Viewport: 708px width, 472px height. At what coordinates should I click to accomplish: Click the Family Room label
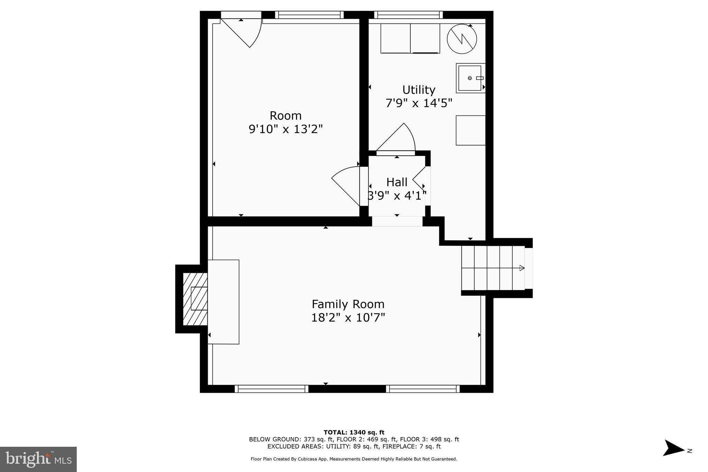coord(348,304)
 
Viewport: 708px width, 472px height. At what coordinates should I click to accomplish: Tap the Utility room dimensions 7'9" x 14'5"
coord(419,103)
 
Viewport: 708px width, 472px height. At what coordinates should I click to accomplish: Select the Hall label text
coord(397,182)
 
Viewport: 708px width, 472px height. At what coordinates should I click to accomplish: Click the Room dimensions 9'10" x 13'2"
coord(286,129)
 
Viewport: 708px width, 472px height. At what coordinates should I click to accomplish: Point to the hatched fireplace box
coord(195,299)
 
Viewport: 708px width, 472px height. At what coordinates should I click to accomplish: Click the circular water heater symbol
coord(462,39)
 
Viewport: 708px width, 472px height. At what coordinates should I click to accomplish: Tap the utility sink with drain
coord(470,78)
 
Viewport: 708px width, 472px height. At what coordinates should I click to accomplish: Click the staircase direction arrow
coord(522,268)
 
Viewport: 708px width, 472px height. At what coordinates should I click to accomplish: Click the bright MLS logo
coord(38,459)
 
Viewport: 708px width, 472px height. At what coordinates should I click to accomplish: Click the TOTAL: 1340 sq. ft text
coord(354,432)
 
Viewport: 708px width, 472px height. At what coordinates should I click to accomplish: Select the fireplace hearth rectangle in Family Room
coord(223,302)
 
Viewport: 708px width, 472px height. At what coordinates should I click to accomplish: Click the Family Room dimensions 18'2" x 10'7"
coord(348,317)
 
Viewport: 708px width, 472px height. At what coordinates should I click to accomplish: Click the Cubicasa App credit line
coord(354,459)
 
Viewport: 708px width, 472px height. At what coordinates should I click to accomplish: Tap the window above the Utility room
coord(408,15)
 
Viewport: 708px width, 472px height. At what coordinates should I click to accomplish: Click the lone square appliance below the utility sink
coord(471,130)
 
